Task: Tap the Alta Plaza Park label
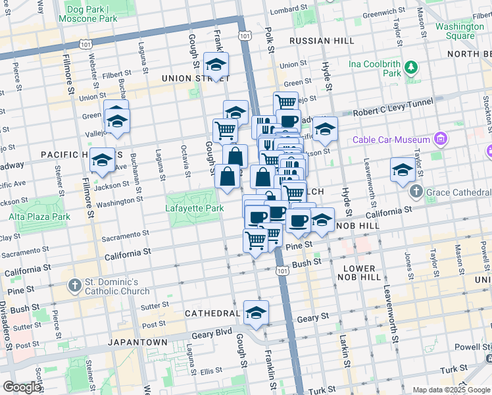[x=39, y=216]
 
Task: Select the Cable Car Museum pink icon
[x=440, y=140]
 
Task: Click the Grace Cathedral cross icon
[x=415, y=191]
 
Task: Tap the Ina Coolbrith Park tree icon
[x=411, y=67]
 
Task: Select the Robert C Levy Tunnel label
[x=393, y=106]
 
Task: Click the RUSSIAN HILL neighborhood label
[x=315, y=40]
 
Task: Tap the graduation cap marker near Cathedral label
[x=256, y=312]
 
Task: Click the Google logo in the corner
[x=21, y=387]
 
